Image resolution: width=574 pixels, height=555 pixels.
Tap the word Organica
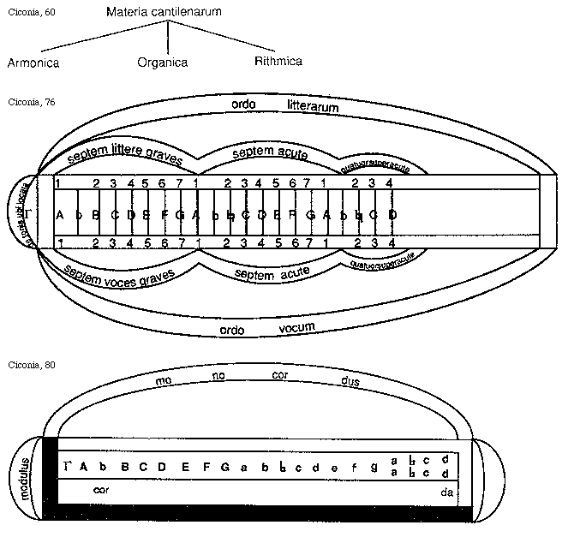pyautogui.click(x=162, y=62)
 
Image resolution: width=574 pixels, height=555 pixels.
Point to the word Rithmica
pyautogui.click(x=278, y=61)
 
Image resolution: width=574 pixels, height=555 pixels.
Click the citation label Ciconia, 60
pyautogui.click(x=29, y=12)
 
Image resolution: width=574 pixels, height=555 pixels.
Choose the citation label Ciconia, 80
pyautogui.click(x=29, y=364)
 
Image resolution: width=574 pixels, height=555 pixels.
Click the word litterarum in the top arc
pyautogui.click(x=313, y=108)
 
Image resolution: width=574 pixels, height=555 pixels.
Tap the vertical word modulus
pyautogui.click(x=27, y=479)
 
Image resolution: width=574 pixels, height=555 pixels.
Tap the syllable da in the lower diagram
pyautogui.click(x=445, y=492)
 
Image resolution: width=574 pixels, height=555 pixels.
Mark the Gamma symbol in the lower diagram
pyautogui.click(x=67, y=466)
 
